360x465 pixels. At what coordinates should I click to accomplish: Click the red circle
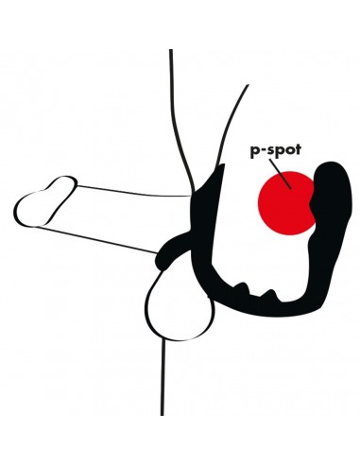pos(287,202)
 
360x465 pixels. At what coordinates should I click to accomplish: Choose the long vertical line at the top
pos(171,104)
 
